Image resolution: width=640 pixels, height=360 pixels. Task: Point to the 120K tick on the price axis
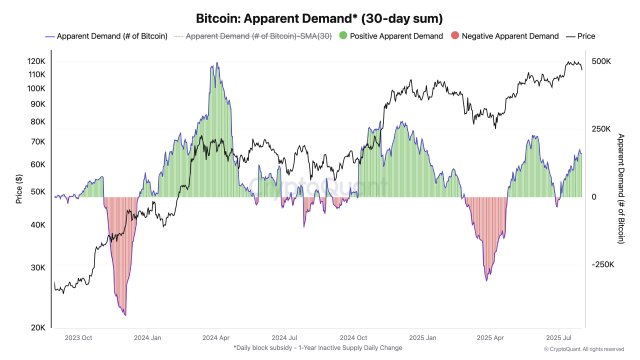click(36, 61)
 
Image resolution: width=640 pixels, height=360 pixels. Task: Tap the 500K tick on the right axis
click(601, 61)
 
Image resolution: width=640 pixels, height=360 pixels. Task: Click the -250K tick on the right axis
click(602, 265)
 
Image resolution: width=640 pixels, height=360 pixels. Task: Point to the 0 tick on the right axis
click(594, 197)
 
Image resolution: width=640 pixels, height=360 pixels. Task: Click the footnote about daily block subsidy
click(319, 349)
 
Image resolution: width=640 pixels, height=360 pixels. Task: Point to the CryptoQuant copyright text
click(589, 350)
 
